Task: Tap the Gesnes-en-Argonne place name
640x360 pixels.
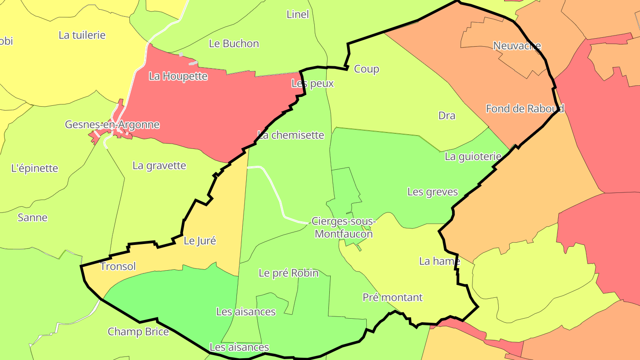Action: point(112,124)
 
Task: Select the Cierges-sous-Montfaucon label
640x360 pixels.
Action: point(344,227)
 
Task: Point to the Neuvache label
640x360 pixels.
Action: point(517,46)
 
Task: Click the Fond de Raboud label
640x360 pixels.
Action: point(524,108)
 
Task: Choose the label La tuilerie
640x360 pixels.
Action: point(82,35)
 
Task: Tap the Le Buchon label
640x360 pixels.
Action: point(234,44)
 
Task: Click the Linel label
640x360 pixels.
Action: point(297,14)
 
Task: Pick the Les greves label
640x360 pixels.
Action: point(432,192)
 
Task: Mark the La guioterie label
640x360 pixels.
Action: point(473,156)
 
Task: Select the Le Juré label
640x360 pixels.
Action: point(200,241)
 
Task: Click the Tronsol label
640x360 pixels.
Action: point(118,267)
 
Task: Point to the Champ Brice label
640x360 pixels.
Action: point(138,332)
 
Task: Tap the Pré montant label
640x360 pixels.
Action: point(392,297)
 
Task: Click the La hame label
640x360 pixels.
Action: point(439,261)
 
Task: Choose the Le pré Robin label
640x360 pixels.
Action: point(288,273)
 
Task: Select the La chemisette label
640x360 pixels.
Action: point(291,135)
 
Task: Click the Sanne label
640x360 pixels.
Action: point(32,218)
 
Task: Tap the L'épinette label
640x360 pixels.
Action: point(34,168)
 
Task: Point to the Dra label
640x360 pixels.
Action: point(447,116)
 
